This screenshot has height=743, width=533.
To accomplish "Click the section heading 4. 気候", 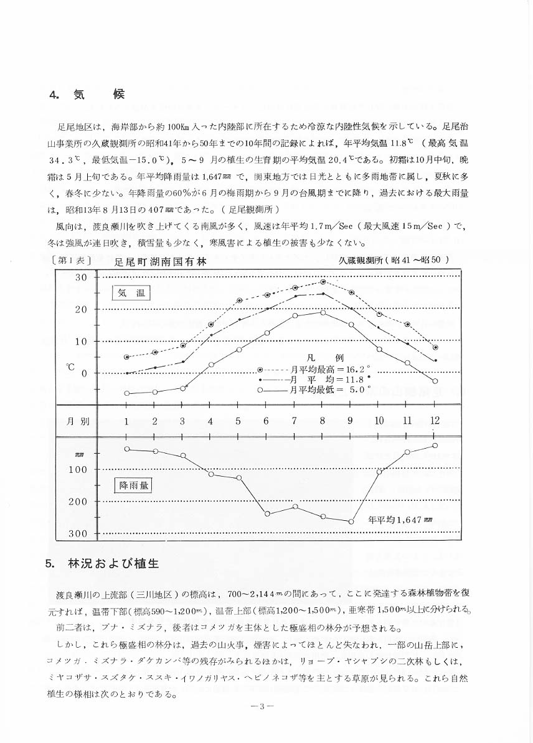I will click(87, 95).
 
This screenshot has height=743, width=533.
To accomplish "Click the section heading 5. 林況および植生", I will click(103, 564).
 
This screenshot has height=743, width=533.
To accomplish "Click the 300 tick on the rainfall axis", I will click(78, 534).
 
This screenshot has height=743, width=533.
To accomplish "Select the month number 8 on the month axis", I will click(322, 421).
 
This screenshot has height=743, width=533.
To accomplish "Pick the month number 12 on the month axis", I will click(435, 421).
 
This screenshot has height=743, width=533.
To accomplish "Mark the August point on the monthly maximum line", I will click(323, 282).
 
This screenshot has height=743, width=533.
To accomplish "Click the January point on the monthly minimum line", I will click(126, 393).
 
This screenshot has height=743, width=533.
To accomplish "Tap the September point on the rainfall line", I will click(351, 521).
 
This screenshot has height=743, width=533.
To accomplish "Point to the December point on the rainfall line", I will click(435, 446).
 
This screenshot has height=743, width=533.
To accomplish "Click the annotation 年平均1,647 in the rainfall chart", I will click(399, 519).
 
